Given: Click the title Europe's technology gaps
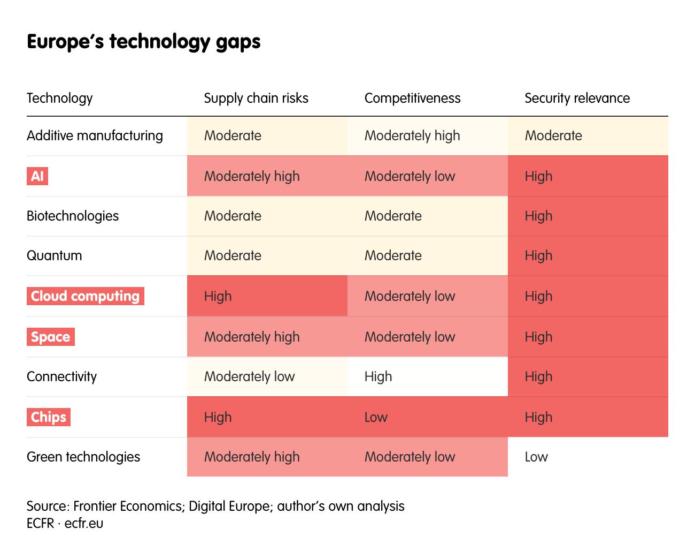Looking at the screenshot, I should pos(143,42).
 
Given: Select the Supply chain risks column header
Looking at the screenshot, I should pos(256,98).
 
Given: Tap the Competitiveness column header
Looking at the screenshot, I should pos(412,98).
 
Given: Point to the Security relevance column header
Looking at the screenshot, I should pos(577,98).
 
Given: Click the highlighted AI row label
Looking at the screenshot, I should pos(37,176).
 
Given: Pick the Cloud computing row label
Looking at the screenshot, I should pos(85,296).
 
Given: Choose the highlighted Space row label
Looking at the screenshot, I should pos(50,337).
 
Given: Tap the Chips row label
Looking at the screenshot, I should pos(48,417).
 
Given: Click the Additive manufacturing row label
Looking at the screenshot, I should pos(95,135).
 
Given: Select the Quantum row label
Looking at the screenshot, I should pos(54,255).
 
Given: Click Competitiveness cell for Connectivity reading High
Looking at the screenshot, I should pos(378,376).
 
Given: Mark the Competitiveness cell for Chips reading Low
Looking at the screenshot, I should pos(376,417).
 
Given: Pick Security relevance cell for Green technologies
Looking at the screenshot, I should pos(536,457).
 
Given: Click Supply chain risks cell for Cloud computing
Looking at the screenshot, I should pos(218,296).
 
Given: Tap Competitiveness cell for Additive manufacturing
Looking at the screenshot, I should pos(412,135).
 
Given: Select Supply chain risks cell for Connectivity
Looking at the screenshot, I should pos(249,376).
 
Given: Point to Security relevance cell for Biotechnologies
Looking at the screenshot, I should pos(538,216).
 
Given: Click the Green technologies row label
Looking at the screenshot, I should pos(83,457).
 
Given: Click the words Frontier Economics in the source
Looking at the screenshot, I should pos(127,506).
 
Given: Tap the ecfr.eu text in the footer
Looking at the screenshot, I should pos(84,523).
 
